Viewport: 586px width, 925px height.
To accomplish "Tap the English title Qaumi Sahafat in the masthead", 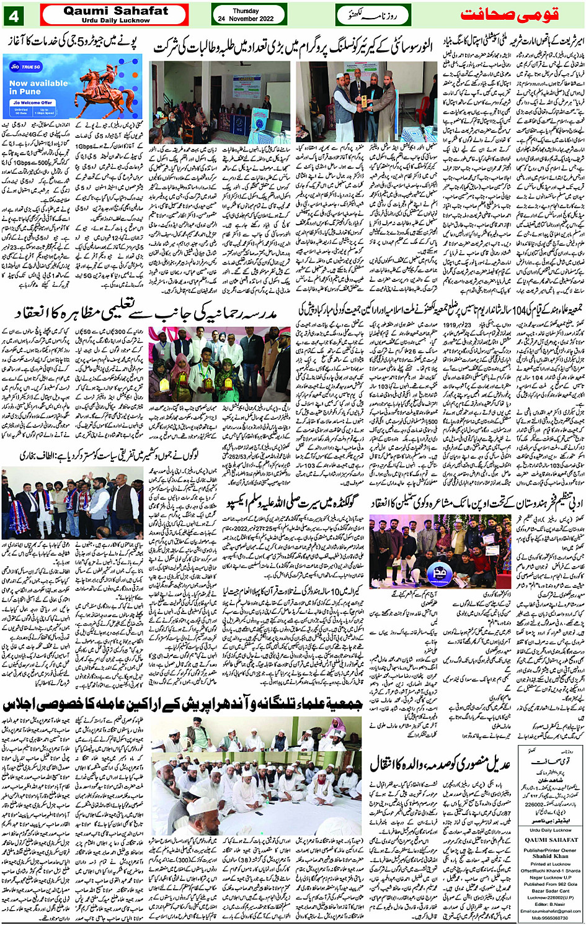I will (x=115, y=11).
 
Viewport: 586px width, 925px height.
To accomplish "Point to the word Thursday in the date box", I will (x=246, y=11).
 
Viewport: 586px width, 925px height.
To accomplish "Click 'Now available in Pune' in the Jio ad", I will (x=38, y=87).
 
